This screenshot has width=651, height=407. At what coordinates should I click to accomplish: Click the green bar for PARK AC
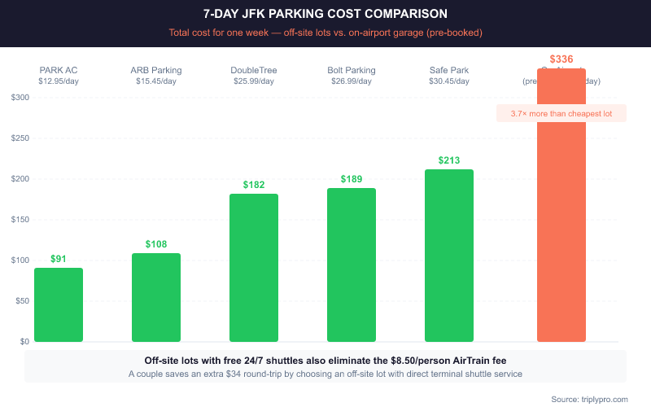click(59, 304)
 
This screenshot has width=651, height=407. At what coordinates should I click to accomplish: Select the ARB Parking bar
click(156, 297)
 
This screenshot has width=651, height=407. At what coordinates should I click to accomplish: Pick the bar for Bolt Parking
click(352, 265)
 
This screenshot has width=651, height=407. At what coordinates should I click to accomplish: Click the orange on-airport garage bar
click(561, 228)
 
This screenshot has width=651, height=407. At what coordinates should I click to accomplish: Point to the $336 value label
click(561, 59)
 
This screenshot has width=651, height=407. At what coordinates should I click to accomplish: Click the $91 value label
click(59, 259)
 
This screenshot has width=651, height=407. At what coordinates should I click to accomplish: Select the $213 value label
click(449, 160)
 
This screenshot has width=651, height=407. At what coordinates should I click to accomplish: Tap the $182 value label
click(254, 185)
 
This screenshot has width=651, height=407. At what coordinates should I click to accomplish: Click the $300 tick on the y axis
click(20, 98)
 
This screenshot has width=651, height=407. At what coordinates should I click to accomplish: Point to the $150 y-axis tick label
click(20, 220)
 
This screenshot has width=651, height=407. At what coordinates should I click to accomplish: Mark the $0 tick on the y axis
click(25, 342)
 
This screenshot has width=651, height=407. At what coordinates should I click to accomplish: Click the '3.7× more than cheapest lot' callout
click(561, 114)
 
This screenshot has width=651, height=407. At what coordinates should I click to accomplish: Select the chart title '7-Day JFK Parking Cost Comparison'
click(325, 15)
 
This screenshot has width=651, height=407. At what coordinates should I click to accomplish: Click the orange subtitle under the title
click(325, 33)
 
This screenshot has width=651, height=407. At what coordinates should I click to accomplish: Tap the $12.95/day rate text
click(59, 81)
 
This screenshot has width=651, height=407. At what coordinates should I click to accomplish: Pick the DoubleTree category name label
click(254, 70)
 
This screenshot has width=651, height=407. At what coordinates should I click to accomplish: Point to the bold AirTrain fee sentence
click(325, 360)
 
